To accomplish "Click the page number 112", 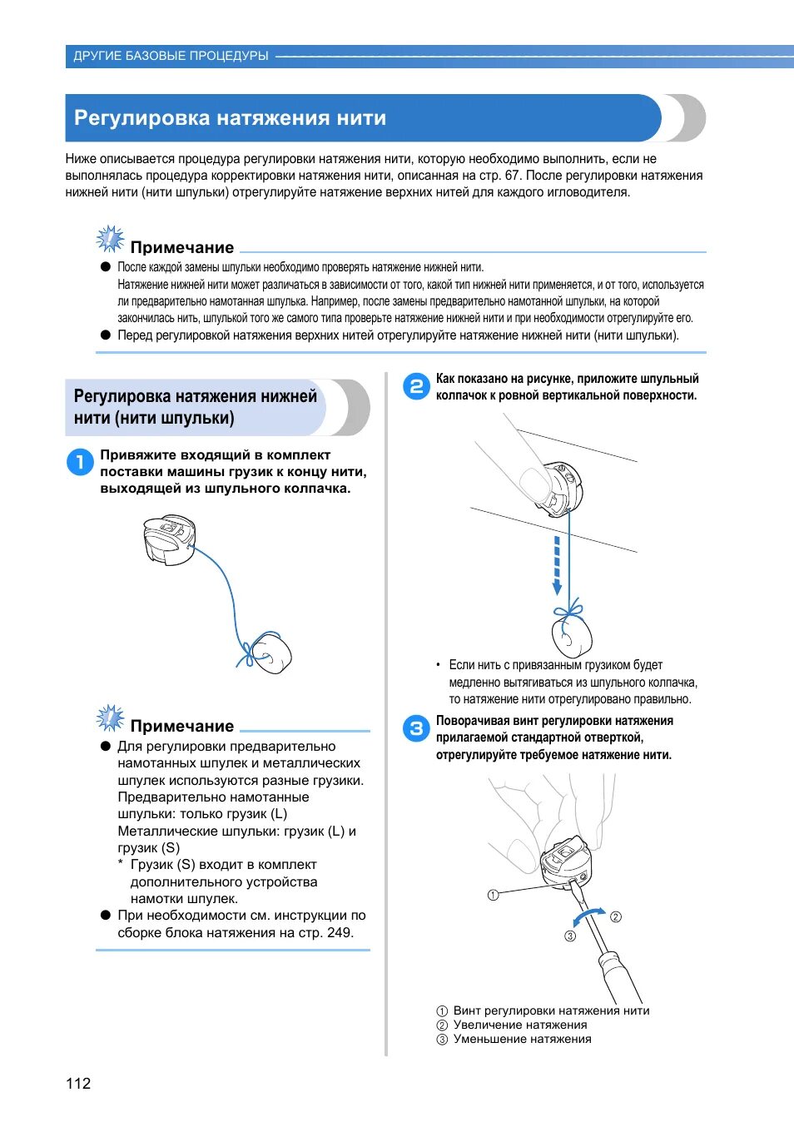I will click(x=78, y=1083).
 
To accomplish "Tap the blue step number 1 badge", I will click(x=80, y=462).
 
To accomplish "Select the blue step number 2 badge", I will click(x=416, y=386).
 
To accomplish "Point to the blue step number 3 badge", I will click(x=416, y=728).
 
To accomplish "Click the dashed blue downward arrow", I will click(x=557, y=565).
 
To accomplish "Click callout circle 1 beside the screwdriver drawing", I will click(x=493, y=896).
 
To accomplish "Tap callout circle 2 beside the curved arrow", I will click(x=616, y=917).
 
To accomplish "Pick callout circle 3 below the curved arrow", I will click(x=570, y=936).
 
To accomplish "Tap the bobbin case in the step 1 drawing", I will click(x=170, y=539).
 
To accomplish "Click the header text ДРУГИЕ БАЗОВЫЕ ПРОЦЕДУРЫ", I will click(x=171, y=56).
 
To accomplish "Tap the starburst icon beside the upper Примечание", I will click(x=110, y=240).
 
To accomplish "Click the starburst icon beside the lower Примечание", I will click(x=110, y=718).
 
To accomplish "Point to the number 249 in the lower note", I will click(x=339, y=932).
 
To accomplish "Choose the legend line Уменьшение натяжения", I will click(x=522, y=1039).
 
